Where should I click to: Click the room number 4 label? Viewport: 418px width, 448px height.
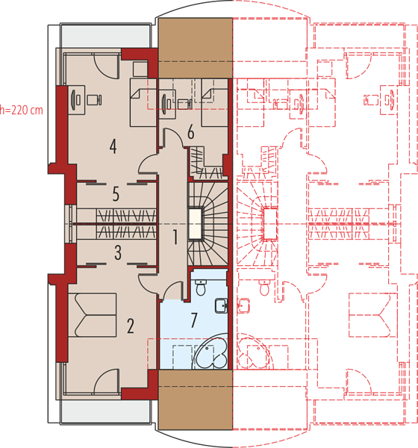pos(113,146)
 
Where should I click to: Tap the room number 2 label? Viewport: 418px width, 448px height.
pos(131,326)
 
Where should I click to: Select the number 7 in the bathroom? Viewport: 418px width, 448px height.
pos(194,320)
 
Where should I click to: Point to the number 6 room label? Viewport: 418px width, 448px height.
pos(191,132)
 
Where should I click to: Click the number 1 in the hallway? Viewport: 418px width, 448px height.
pos(175,237)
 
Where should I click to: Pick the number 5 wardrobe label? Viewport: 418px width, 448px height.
pos(116,194)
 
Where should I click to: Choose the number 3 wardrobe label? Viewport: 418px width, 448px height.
pos(118,252)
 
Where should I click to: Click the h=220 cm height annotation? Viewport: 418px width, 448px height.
pos(22,110)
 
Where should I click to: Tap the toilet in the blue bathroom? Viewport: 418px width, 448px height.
pos(201,287)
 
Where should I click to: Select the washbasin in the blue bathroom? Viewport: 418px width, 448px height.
pos(222,305)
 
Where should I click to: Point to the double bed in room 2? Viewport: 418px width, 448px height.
pos(93,315)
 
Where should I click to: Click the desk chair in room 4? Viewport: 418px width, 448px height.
pos(94,100)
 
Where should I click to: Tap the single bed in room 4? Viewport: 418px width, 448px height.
pos(143,102)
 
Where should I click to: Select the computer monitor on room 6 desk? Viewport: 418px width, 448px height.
pos(164,102)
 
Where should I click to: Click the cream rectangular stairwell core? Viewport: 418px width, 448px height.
pos(196,224)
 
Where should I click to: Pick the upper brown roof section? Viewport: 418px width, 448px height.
pos(196,48)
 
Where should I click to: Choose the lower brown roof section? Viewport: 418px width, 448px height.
pos(196,399)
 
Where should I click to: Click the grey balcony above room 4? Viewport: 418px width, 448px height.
pos(105,37)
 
